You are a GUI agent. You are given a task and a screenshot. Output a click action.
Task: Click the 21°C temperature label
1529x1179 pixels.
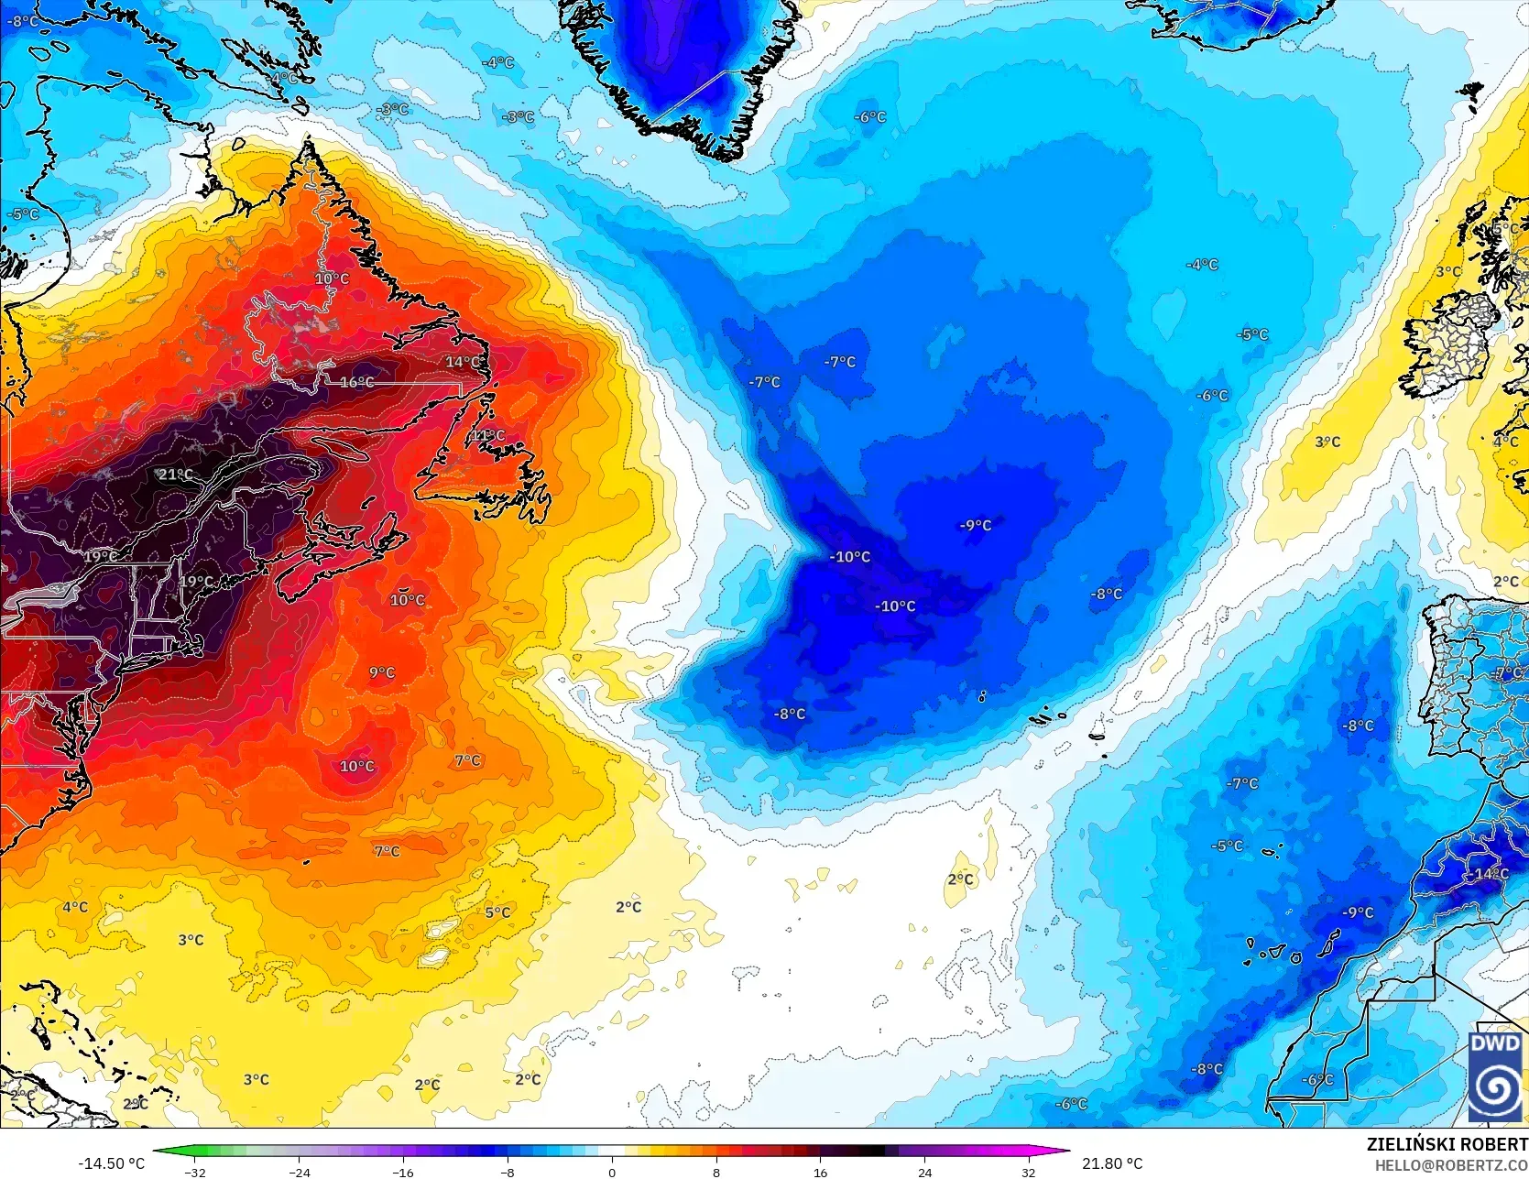click(175, 475)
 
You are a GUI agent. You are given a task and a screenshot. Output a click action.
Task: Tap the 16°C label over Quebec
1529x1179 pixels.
click(356, 383)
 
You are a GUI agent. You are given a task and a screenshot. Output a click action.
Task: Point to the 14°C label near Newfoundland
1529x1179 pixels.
click(463, 362)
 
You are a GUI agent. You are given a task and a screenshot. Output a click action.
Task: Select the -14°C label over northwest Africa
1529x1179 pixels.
click(1491, 874)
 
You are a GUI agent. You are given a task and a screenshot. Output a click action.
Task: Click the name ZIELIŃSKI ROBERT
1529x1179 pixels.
click(1447, 1144)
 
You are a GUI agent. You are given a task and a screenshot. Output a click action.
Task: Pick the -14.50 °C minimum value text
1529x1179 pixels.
click(111, 1163)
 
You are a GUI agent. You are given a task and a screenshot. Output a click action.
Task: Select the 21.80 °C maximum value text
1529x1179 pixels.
click(1112, 1163)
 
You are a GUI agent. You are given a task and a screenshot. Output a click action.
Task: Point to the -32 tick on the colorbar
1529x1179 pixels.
click(194, 1172)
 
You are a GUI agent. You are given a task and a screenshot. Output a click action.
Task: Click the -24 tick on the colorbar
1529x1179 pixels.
click(299, 1172)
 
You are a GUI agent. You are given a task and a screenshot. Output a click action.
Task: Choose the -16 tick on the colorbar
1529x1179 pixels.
click(403, 1172)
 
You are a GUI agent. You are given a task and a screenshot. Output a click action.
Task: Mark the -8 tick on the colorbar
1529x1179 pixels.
click(508, 1172)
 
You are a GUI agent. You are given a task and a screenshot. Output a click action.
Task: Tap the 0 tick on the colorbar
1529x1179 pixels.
click(612, 1172)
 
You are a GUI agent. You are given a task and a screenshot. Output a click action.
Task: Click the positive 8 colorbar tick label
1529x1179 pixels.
click(716, 1172)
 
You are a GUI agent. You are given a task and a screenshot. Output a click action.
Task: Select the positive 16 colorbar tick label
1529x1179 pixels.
click(820, 1172)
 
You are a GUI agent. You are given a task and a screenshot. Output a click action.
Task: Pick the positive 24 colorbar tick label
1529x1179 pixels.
click(924, 1172)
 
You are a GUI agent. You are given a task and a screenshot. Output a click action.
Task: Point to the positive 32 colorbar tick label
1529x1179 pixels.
click(1029, 1172)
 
